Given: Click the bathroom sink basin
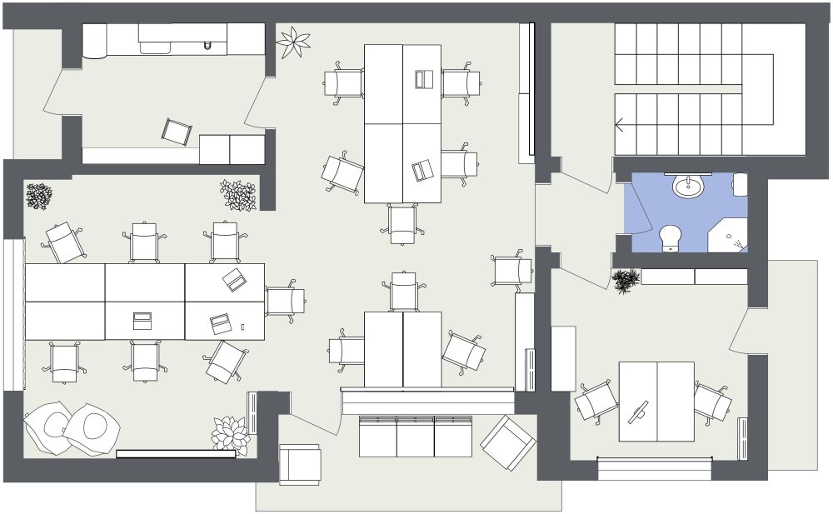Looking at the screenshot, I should point(688,186).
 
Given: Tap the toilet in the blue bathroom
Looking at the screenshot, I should point(671,237).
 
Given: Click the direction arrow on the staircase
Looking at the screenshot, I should point(620,125).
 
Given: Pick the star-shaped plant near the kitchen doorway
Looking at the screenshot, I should point(292,42).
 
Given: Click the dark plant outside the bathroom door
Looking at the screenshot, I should point(626,281).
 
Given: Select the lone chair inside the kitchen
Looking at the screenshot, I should point(177,132).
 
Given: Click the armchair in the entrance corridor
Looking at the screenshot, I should point(299,464).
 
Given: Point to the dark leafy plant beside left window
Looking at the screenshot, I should point(38,197).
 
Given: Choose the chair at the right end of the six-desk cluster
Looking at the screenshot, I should point(285,301).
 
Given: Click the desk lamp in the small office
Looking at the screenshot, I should point(639,412).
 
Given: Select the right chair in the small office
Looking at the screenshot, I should point(712,402).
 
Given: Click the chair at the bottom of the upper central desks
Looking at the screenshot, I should point(402,222).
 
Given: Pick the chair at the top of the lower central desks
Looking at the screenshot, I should point(404,292).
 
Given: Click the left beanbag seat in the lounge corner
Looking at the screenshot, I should point(47,427).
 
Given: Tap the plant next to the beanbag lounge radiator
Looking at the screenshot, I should point(230,436).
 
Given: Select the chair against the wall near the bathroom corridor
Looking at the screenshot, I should point(511,271).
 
